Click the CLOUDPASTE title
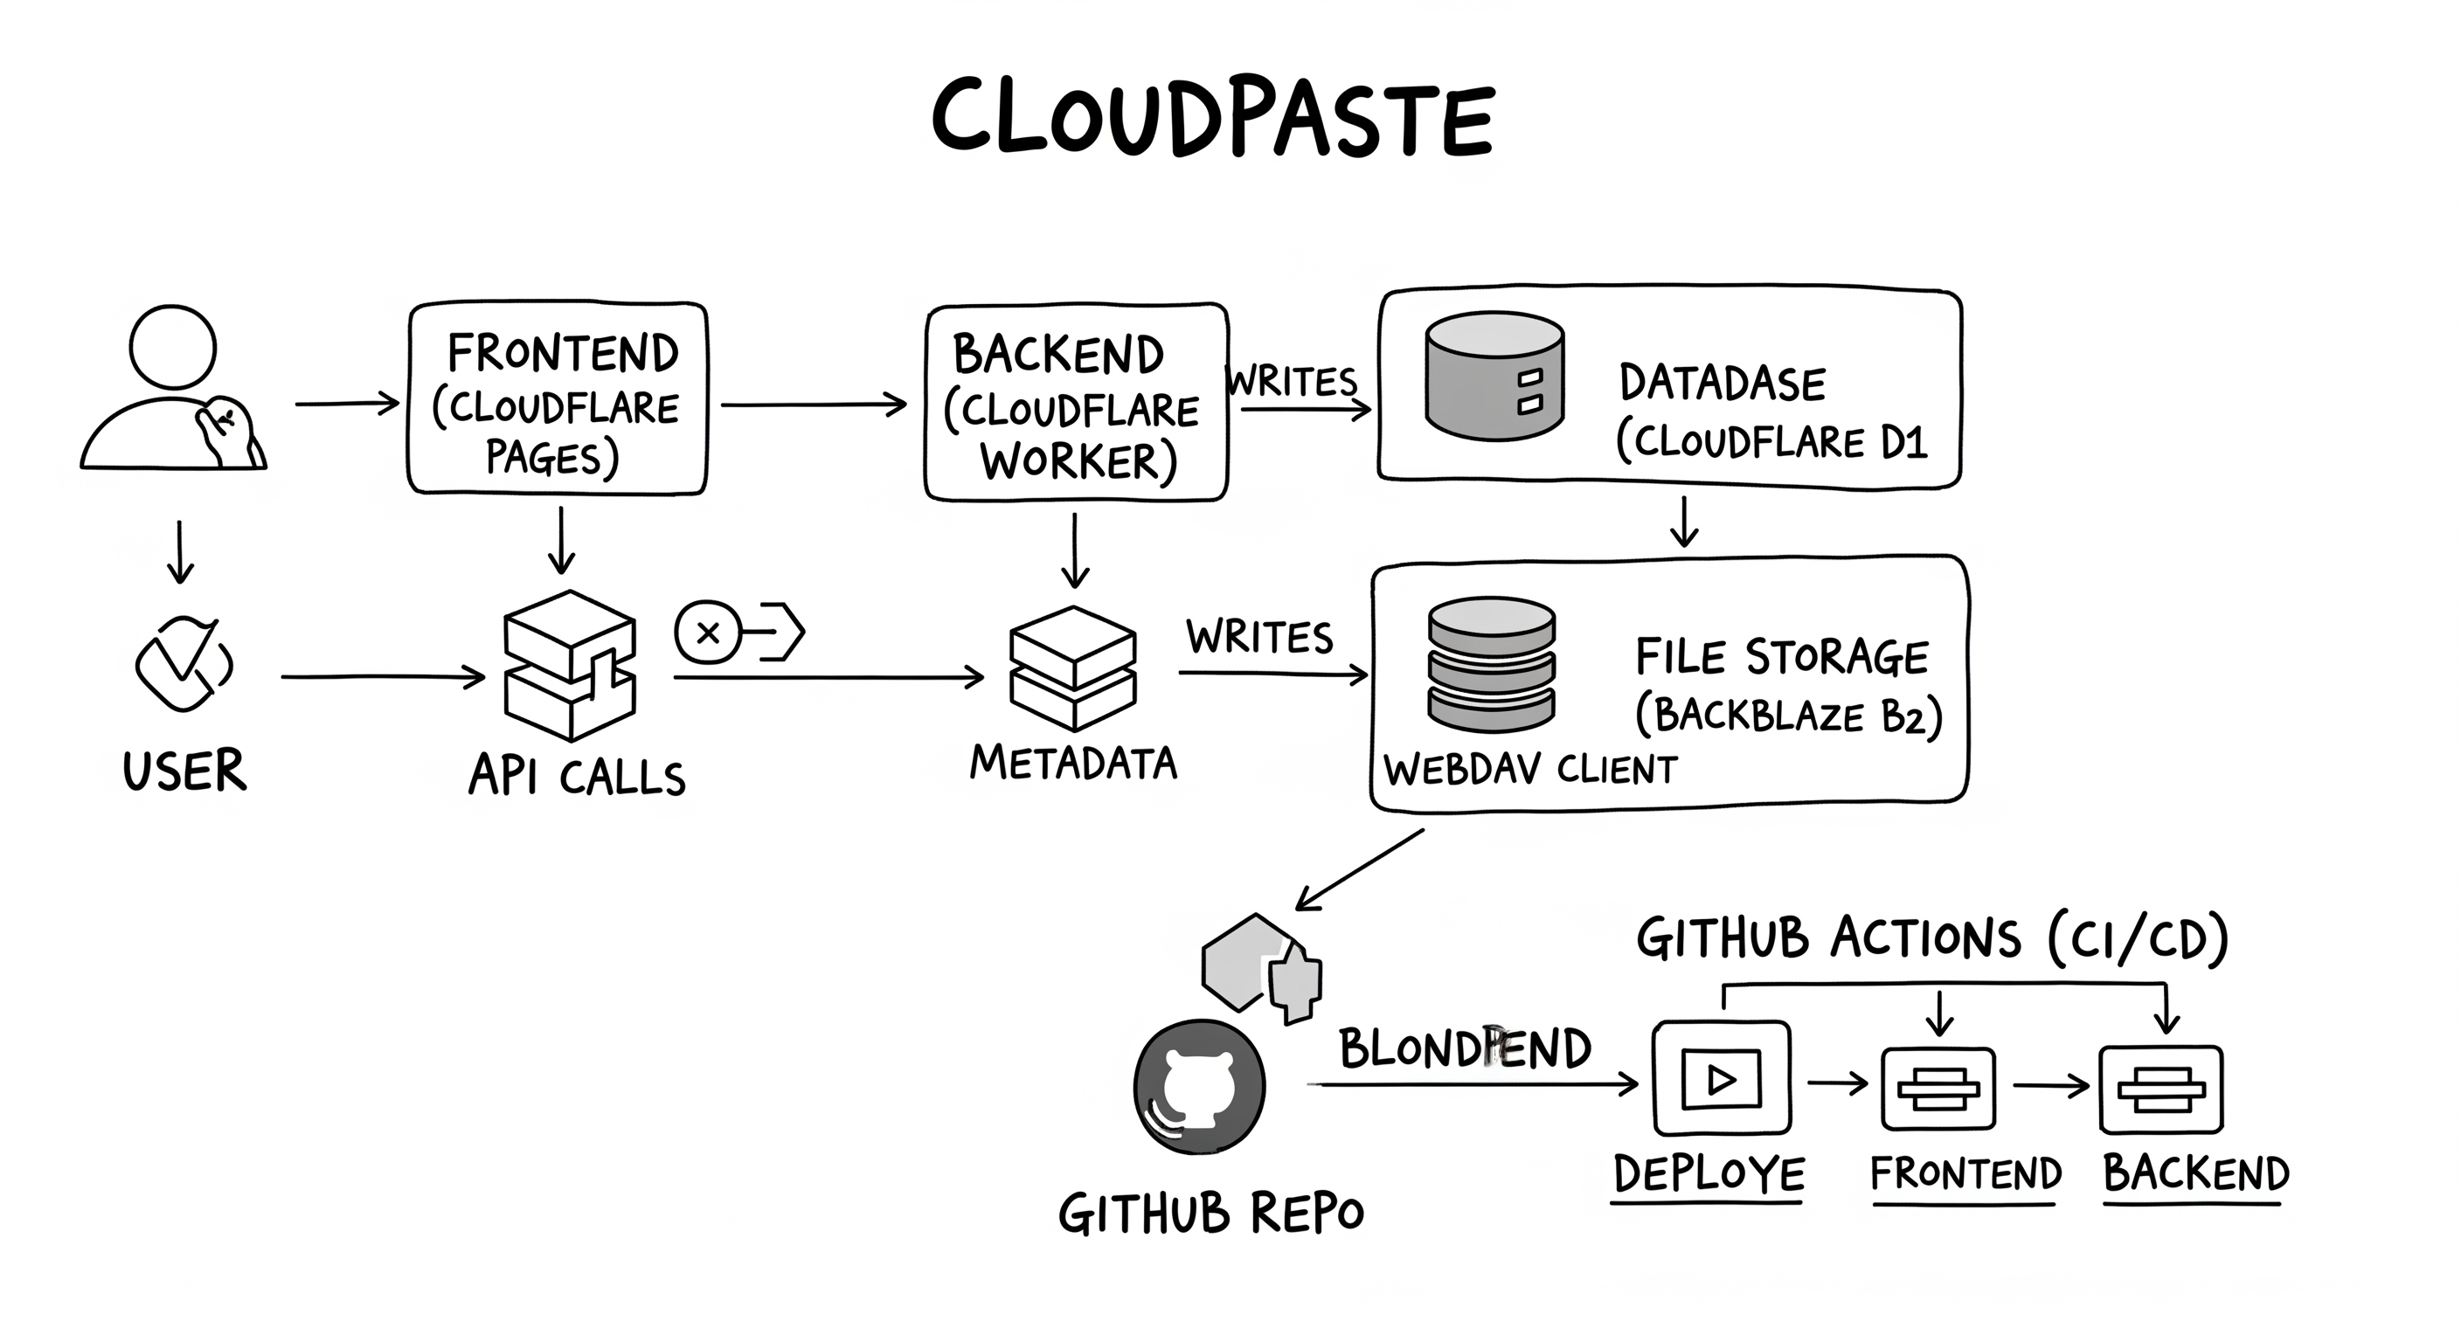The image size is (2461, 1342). [1212, 119]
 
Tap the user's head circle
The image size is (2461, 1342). [173, 347]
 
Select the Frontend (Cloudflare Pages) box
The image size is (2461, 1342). [558, 399]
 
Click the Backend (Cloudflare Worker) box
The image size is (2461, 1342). [1076, 403]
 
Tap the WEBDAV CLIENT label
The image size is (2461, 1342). [1529, 769]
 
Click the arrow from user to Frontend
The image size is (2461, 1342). [347, 403]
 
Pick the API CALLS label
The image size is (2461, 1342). [577, 775]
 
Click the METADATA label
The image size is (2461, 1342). [1073, 762]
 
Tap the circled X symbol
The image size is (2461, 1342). [708, 633]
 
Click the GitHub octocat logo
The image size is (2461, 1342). [1199, 1087]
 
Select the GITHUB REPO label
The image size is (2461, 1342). [1210, 1214]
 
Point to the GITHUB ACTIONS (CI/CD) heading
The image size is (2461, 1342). [1931, 938]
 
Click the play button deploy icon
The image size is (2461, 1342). [1721, 1078]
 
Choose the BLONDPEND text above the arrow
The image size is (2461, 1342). [1465, 1048]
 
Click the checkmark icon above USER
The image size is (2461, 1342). [184, 663]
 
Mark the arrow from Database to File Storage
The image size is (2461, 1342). [1684, 522]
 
